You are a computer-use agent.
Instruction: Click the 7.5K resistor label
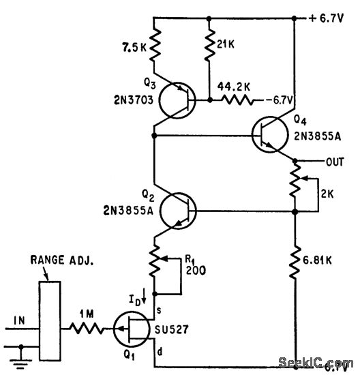click(x=131, y=49)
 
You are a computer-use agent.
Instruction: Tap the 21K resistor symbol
click(x=208, y=48)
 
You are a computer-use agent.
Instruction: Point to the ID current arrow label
click(x=140, y=297)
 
